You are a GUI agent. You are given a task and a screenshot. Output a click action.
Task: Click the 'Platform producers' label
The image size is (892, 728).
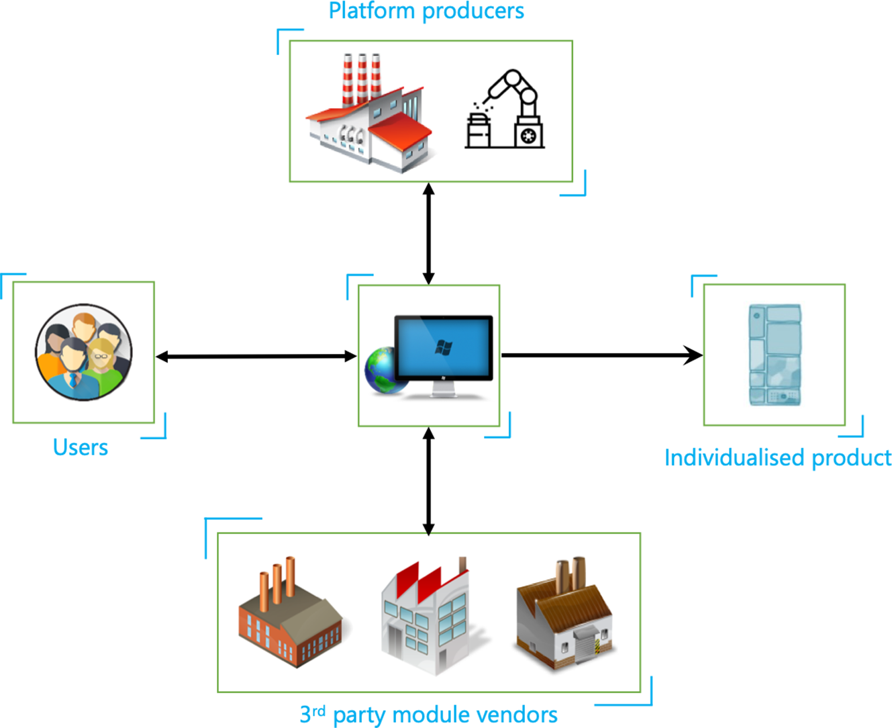(426, 11)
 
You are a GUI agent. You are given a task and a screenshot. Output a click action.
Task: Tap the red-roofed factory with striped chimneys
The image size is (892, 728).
(368, 116)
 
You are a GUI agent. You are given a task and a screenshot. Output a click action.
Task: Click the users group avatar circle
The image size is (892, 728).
(84, 352)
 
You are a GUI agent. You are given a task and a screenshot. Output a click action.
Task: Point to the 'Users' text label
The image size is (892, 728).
(81, 447)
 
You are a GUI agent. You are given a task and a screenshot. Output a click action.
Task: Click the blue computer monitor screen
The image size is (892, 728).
(444, 348)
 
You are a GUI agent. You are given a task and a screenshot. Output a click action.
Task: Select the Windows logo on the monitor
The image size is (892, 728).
(444, 347)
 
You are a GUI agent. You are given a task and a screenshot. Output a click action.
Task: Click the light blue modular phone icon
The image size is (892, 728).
(775, 355)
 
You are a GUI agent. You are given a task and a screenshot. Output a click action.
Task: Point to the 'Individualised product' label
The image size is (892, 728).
(778, 458)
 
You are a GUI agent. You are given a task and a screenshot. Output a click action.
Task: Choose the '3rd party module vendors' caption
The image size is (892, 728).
(428, 715)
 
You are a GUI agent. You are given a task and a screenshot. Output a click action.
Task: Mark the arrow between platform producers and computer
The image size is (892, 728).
(429, 233)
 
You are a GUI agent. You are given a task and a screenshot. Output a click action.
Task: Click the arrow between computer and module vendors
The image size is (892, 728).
(429, 480)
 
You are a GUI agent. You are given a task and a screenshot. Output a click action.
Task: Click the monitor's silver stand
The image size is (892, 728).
(444, 391)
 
